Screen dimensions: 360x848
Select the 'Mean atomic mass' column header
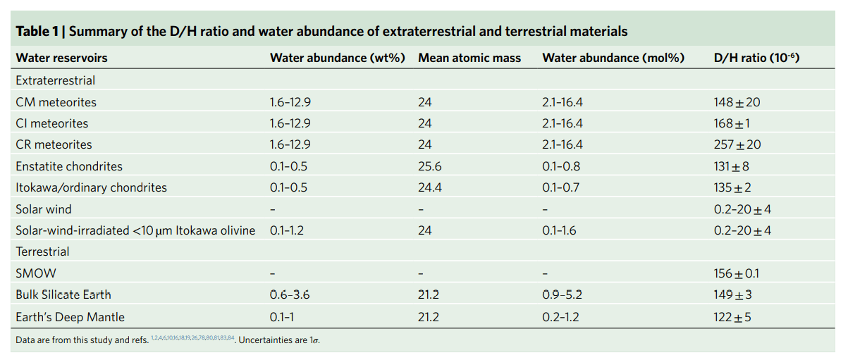469,58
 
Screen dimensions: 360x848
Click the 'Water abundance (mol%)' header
613,58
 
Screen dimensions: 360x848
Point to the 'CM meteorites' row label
56,102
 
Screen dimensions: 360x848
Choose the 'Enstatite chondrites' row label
69,166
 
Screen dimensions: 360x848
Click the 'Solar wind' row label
44,209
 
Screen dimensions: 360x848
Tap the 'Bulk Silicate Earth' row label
63,294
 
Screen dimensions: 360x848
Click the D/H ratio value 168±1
732,123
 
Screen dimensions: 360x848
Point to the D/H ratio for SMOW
736,273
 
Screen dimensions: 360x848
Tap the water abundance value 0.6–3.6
290,294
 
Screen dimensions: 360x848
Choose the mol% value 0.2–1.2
560,317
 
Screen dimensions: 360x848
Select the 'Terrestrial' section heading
42,252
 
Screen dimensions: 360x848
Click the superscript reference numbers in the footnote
192,338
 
